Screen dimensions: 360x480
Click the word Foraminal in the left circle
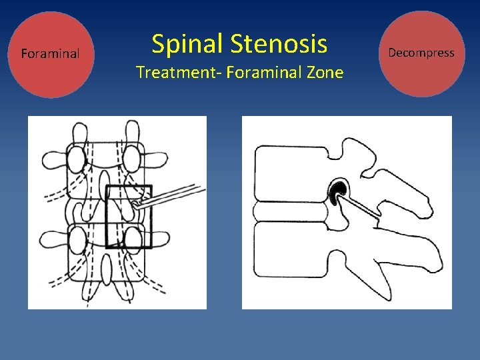click(51, 53)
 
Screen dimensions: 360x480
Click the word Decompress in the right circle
click(421, 52)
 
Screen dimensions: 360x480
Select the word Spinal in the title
click(187, 44)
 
